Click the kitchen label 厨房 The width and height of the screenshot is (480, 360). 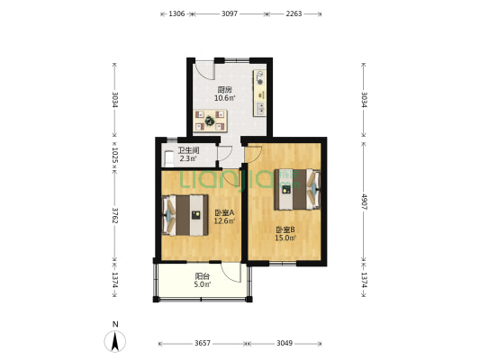click(x=225, y=89)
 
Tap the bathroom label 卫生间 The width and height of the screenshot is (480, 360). click(x=188, y=150)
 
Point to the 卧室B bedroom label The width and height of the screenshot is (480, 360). click(x=285, y=229)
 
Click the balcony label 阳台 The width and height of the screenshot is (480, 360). click(x=204, y=277)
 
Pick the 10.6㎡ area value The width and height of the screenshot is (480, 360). click(x=225, y=98)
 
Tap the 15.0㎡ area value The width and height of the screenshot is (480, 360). click(x=285, y=238)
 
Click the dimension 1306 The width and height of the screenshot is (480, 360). click(x=177, y=13)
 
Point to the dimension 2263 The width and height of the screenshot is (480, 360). click(x=293, y=13)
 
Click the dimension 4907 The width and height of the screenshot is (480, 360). click(x=364, y=199)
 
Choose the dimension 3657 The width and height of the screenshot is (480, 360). click(x=203, y=344)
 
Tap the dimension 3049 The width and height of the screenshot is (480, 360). click(x=285, y=344)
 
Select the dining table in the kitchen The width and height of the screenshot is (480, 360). click(x=213, y=119)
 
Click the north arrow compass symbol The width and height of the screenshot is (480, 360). click(x=114, y=339)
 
